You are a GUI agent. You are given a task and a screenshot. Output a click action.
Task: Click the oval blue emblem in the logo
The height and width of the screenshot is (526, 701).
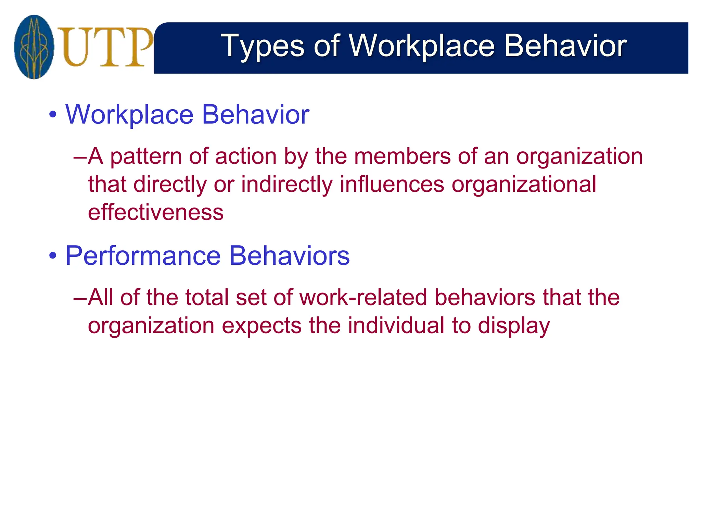click(34, 47)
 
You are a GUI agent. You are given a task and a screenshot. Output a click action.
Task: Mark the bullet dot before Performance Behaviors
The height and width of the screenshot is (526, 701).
click(52, 256)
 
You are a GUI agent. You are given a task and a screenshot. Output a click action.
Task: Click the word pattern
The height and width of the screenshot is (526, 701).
click(146, 157)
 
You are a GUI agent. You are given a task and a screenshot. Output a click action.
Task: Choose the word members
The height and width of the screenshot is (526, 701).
click(403, 156)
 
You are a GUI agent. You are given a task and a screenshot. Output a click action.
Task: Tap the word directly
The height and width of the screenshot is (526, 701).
click(170, 185)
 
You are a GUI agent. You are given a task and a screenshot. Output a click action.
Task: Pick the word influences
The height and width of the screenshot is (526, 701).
click(392, 184)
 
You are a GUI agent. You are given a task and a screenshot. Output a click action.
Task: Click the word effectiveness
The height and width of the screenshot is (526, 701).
click(156, 213)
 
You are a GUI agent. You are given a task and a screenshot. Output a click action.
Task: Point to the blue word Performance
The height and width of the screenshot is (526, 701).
click(143, 256)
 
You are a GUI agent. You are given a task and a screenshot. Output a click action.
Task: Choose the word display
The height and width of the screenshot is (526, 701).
click(514, 326)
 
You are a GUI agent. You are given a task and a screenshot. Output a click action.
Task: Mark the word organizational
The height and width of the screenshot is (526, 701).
click(524, 185)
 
